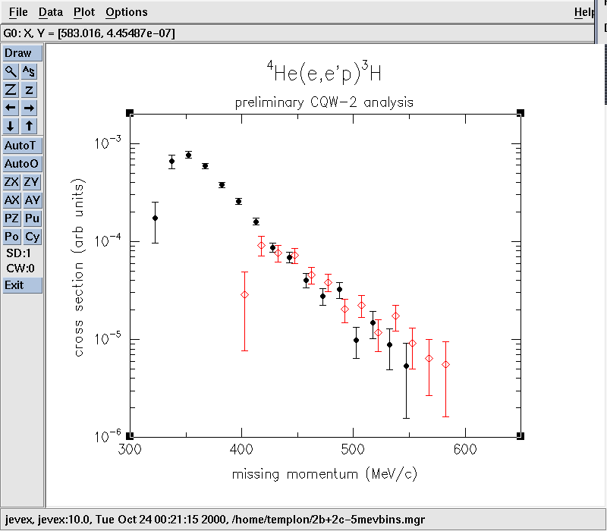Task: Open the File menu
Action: (17, 12)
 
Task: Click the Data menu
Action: (51, 12)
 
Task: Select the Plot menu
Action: (84, 12)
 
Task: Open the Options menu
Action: (127, 12)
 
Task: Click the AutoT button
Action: (22, 146)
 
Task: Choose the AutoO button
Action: (22, 164)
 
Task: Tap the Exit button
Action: (14, 285)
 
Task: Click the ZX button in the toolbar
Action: (11, 182)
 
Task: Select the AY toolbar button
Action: (32, 200)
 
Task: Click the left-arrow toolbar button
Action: (11, 108)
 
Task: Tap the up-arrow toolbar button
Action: (30, 126)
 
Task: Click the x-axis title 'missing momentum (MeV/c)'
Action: (325, 474)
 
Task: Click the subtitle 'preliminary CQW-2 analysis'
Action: (324, 102)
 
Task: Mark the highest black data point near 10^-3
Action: (188, 155)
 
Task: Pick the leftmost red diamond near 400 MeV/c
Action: (244, 294)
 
